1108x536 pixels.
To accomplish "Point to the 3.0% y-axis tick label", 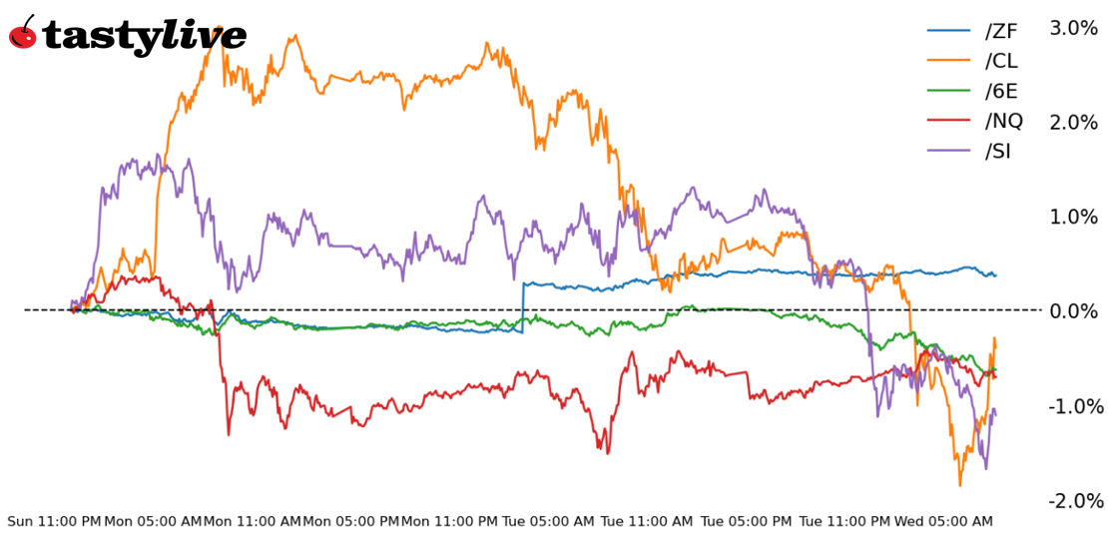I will coord(1073,28).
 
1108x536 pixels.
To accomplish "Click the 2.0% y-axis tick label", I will coord(1073,123).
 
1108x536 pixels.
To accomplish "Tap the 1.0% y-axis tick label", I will coord(1073,217).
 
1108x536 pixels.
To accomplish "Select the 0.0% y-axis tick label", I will coord(1073,311).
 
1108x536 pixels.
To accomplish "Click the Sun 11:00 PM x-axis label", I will coord(54,522).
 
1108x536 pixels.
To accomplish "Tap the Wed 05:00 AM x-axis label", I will coord(942,522).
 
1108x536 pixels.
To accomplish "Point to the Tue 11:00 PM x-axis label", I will coord(843,522).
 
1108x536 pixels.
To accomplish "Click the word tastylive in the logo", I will coord(144,37).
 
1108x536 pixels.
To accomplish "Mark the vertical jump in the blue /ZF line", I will coord(523,305).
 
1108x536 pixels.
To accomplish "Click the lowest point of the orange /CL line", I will coord(960,485).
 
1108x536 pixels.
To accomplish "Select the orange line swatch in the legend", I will coord(949,61).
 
